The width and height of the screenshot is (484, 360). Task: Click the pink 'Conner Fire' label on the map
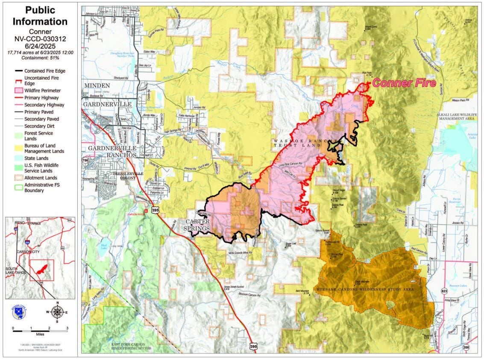(x=404, y=83)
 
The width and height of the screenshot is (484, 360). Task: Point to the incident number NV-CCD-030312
(x=40, y=38)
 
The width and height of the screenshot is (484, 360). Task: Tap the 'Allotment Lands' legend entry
(x=41, y=178)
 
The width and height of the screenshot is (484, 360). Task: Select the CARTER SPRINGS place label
(x=197, y=225)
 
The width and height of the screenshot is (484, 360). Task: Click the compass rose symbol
(x=57, y=311)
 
